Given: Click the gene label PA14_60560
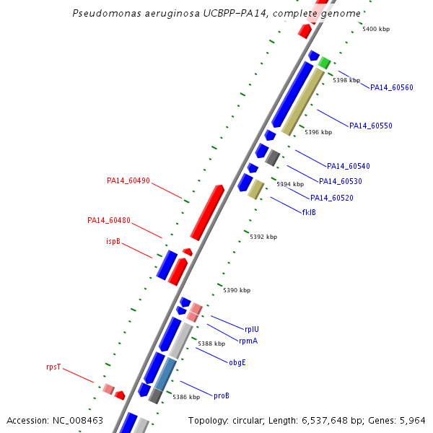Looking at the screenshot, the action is point(392,87).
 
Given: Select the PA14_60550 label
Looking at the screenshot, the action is point(371,126).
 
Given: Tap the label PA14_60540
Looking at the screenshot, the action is point(349,166).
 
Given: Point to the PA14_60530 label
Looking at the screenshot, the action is point(340,181).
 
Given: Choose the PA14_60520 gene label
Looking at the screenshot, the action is point(332,198).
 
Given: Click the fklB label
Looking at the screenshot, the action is point(309,212).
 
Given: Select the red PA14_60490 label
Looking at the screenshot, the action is point(128,180).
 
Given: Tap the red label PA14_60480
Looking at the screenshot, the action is point(109,220).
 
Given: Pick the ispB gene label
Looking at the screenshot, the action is point(113,241).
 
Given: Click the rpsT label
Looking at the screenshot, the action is point(53,367).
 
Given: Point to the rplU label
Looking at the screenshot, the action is point(252,329).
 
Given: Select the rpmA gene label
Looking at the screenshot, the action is point(248,341).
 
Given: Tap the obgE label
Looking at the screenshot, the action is point(237,362).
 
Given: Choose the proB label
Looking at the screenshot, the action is point(222,395).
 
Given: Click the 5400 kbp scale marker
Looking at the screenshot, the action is point(376,29).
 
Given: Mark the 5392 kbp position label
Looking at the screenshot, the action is point(263,237).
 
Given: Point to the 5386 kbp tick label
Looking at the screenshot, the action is point(186,397).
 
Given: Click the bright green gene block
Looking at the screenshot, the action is point(325,63).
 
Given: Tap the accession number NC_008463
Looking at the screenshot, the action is point(78,420).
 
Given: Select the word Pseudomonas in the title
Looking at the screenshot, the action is point(107,13).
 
